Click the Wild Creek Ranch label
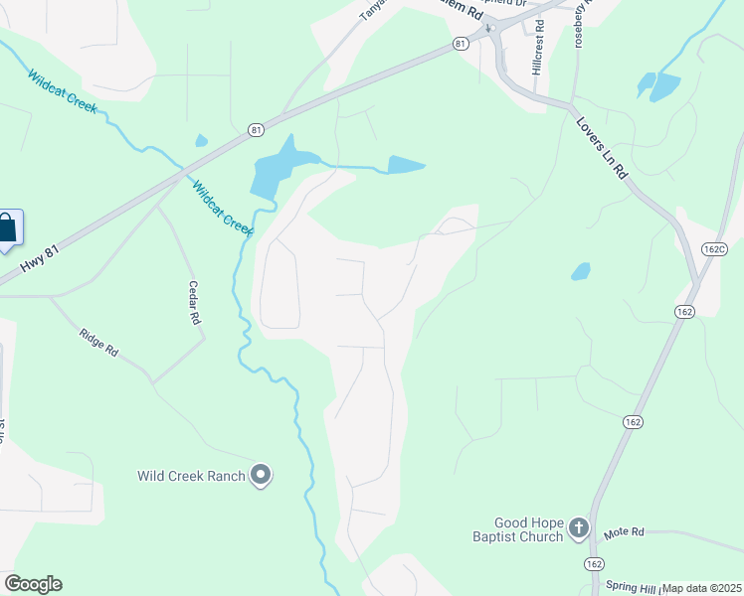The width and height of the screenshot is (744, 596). (x=191, y=476)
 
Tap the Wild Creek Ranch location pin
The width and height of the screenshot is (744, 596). (x=262, y=476)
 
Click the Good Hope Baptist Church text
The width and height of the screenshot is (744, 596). (x=529, y=529)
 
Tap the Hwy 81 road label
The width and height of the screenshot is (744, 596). (x=40, y=262)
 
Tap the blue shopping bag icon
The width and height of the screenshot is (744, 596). (x=7, y=227)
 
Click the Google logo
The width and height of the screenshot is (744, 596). (x=33, y=584)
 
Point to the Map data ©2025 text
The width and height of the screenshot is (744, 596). (x=702, y=588)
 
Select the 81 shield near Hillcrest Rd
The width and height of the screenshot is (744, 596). (x=460, y=44)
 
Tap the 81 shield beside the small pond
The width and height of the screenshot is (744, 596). (x=257, y=129)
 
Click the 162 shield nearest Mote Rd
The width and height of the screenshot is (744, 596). (x=594, y=563)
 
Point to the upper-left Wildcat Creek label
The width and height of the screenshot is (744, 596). (x=63, y=90)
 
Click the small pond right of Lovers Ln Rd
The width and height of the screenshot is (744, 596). (x=581, y=270)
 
